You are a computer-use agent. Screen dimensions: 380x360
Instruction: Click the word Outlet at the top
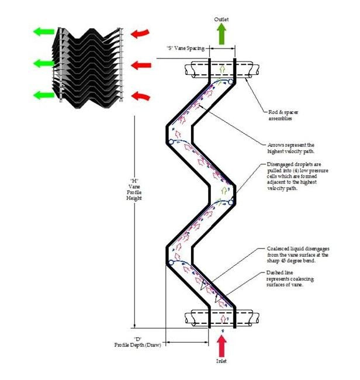(x=221, y=20)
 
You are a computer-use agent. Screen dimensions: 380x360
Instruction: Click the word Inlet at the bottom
(x=221, y=361)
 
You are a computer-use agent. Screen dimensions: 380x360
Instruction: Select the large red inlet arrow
(x=222, y=346)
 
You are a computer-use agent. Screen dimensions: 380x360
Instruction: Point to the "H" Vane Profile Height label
(x=137, y=185)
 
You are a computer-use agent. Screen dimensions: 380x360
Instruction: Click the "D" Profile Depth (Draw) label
(x=137, y=342)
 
